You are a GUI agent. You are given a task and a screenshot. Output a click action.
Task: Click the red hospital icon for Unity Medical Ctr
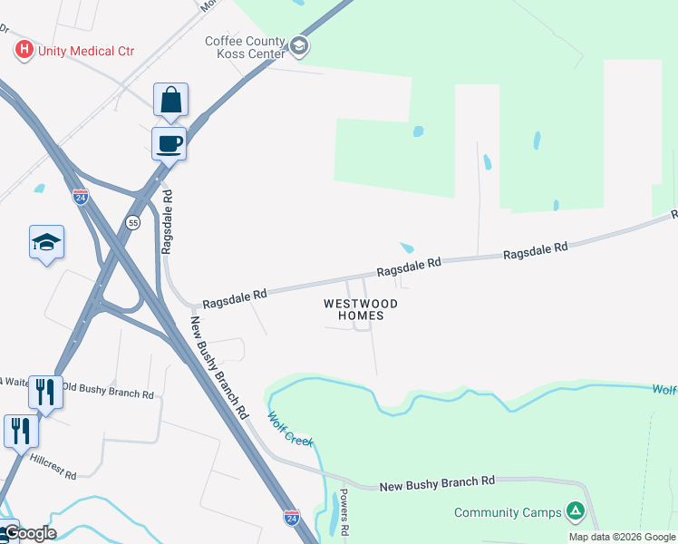tap(24, 50)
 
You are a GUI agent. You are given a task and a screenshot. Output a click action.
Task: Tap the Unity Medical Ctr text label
tap(86, 51)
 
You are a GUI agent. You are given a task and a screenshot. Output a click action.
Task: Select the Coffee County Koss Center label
tap(245, 46)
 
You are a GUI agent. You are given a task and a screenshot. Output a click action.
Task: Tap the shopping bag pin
tap(170, 101)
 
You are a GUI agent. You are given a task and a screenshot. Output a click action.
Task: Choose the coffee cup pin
tap(169, 142)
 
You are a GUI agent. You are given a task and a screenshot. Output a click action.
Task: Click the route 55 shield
tap(133, 222)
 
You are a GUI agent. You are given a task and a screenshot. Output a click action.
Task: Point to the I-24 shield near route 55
tap(81, 198)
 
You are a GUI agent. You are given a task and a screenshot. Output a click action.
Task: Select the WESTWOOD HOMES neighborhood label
tap(361, 309)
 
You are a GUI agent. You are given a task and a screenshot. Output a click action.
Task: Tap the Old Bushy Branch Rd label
tap(108, 391)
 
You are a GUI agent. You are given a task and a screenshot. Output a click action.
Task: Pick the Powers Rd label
tap(344, 512)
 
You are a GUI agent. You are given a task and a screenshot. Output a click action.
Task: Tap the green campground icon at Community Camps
tap(575, 511)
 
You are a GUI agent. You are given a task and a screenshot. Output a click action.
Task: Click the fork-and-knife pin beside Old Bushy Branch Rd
tap(44, 391)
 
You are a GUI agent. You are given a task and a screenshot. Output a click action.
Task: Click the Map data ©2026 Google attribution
tap(622, 537)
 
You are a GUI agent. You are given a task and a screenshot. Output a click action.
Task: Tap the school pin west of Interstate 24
tap(46, 242)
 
